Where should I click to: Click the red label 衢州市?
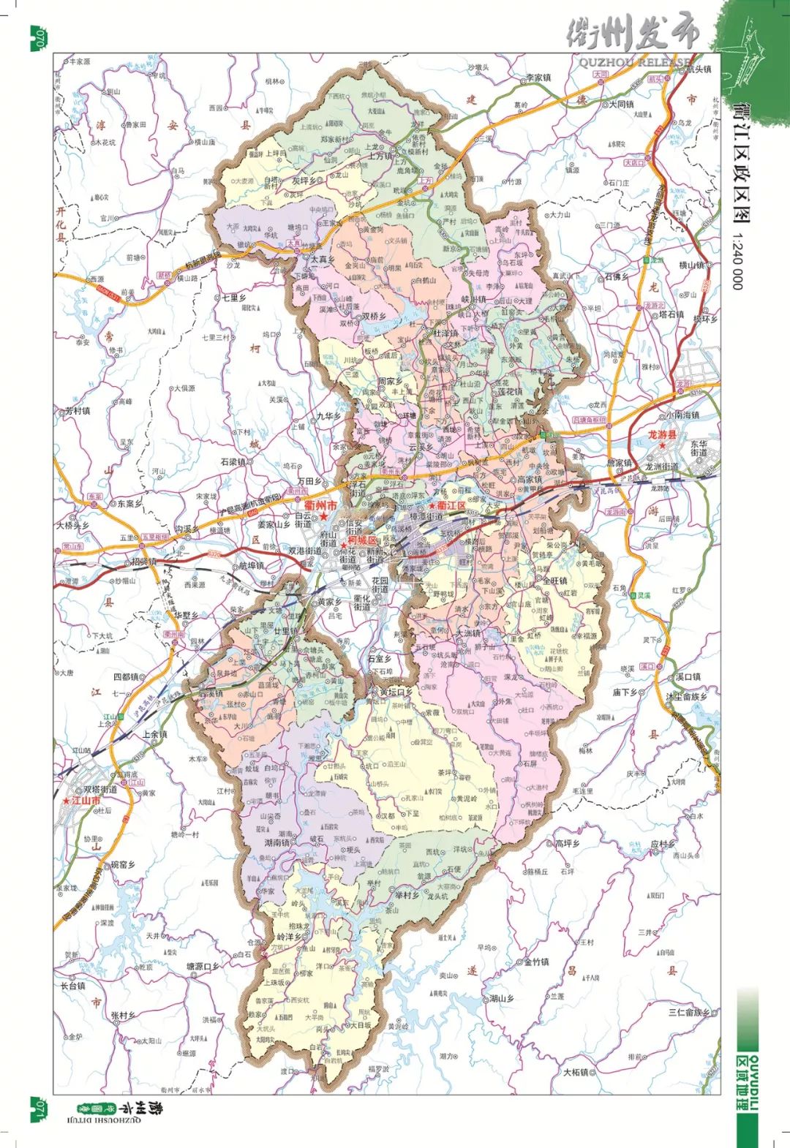click(x=320, y=505)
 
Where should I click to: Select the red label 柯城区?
click(x=362, y=540)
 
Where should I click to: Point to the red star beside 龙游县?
click(x=662, y=445)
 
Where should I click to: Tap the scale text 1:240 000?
click(x=737, y=261)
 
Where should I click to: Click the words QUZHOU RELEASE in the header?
click(x=635, y=62)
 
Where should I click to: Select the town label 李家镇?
click(x=538, y=78)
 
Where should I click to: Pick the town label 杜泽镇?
click(x=445, y=333)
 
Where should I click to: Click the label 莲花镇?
click(x=510, y=392)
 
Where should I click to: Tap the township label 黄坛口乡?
click(x=396, y=692)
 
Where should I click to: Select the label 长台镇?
click(x=73, y=986)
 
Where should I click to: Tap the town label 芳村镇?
click(x=77, y=411)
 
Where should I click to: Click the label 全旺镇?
click(x=554, y=581)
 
